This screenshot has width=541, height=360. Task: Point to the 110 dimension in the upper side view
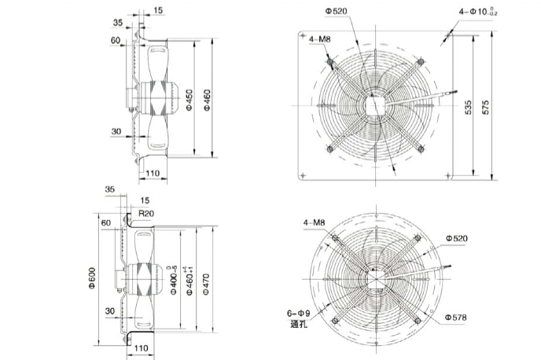point(152,172)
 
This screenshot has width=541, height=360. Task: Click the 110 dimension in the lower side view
point(142,347)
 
